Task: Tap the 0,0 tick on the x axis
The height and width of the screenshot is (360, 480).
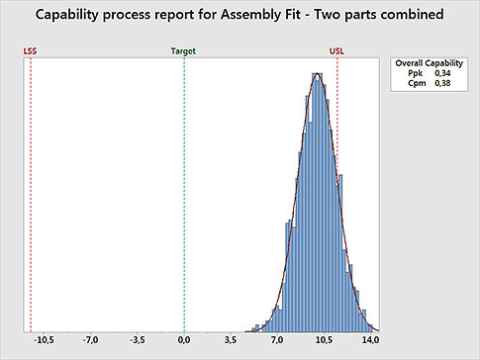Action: point(184,340)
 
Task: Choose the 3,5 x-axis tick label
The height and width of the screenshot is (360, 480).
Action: point(231,340)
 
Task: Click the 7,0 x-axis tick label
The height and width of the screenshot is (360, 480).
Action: point(277,340)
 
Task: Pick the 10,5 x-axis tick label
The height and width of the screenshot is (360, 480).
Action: point(324,340)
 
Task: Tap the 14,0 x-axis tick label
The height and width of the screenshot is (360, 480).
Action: point(370,340)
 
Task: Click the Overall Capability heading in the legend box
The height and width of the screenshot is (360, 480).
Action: point(423,62)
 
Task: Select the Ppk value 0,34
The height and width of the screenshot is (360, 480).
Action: point(442,73)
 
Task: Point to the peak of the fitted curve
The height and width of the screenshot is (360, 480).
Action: point(317,74)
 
